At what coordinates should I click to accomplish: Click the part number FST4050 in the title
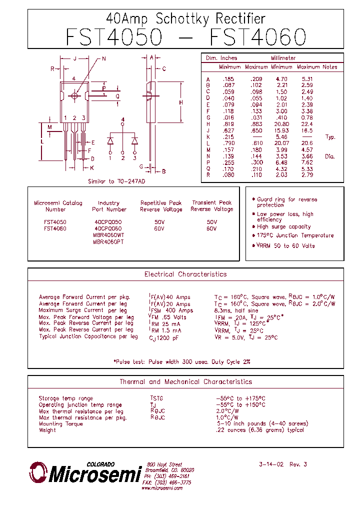tap(114, 37)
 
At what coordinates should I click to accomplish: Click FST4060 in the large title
tap(257, 37)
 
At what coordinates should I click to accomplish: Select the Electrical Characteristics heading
tap(185, 274)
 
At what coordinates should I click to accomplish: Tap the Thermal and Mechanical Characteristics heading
tap(185, 382)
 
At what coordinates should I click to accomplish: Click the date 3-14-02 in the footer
tap(271, 464)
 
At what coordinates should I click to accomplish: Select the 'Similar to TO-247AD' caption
tap(116, 181)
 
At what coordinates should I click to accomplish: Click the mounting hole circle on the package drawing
tap(75, 95)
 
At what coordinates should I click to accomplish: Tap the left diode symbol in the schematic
tap(110, 141)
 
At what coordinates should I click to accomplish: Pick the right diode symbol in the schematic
tap(134, 141)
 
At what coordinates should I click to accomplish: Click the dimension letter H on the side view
tap(181, 102)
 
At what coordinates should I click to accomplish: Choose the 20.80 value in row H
tap(281, 124)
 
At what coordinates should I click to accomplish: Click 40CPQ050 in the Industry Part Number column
tap(108, 221)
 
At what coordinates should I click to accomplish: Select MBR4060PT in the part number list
tap(108, 241)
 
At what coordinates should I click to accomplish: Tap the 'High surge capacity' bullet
tap(283, 227)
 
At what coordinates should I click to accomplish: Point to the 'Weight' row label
tap(47, 430)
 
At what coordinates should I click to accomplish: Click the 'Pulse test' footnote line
tap(181, 361)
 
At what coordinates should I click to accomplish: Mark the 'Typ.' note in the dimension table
tap(330, 137)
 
